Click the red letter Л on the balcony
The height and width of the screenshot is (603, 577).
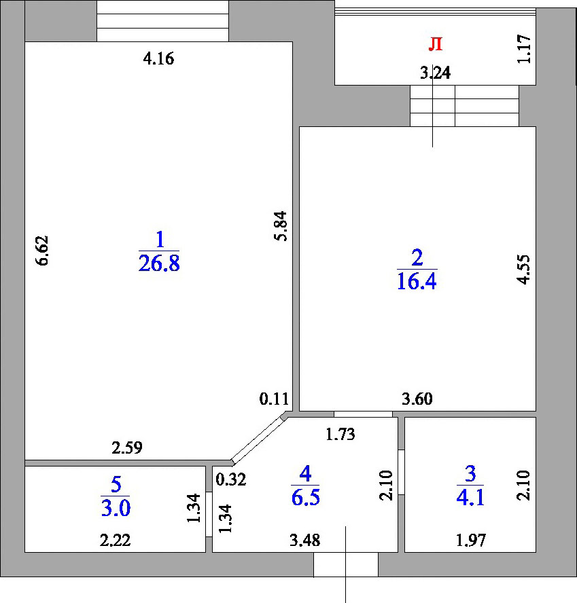pyautogui.click(x=436, y=44)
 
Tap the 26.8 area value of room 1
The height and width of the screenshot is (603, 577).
pyautogui.click(x=159, y=263)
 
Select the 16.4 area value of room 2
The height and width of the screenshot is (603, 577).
pyautogui.click(x=417, y=281)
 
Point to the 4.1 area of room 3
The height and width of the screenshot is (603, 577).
pyautogui.click(x=470, y=498)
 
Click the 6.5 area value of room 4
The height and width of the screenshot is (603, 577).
pyautogui.click(x=306, y=498)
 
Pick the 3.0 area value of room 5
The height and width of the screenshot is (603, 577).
pyautogui.click(x=116, y=509)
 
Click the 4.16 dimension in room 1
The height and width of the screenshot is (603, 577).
pyautogui.click(x=158, y=59)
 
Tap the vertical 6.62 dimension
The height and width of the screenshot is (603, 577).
pyautogui.click(x=42, y=251)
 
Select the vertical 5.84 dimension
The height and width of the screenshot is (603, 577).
pyautogui.click(x=281, y=225)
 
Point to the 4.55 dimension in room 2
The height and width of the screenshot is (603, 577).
pyautogui.click(x=523, y=269)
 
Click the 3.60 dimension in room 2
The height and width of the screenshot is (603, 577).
pyautogui.click(x=417, y=399)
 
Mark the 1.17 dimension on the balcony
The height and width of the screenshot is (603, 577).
pyautogui.click(x=524, y=49)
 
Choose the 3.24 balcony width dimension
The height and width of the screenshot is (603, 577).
pyautogui.click(x=436, y=73)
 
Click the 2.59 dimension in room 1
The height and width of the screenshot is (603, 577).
pyautogui.click(x=127, y=447)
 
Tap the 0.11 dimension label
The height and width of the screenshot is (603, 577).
pyautogui.click(x=274, y=399)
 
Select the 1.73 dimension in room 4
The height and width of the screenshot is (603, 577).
pyautogui.click(x=340, y=435)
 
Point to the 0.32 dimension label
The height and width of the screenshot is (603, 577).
pyautogui.click(x=231, y=479)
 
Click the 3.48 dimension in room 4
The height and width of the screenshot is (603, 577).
pyautogui.click(x=305, y=541)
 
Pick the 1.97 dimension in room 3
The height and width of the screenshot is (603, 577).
pyautogui.click(x=471, y=541)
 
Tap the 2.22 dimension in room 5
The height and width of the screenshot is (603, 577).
pyautogui.click(x=115, y=541)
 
